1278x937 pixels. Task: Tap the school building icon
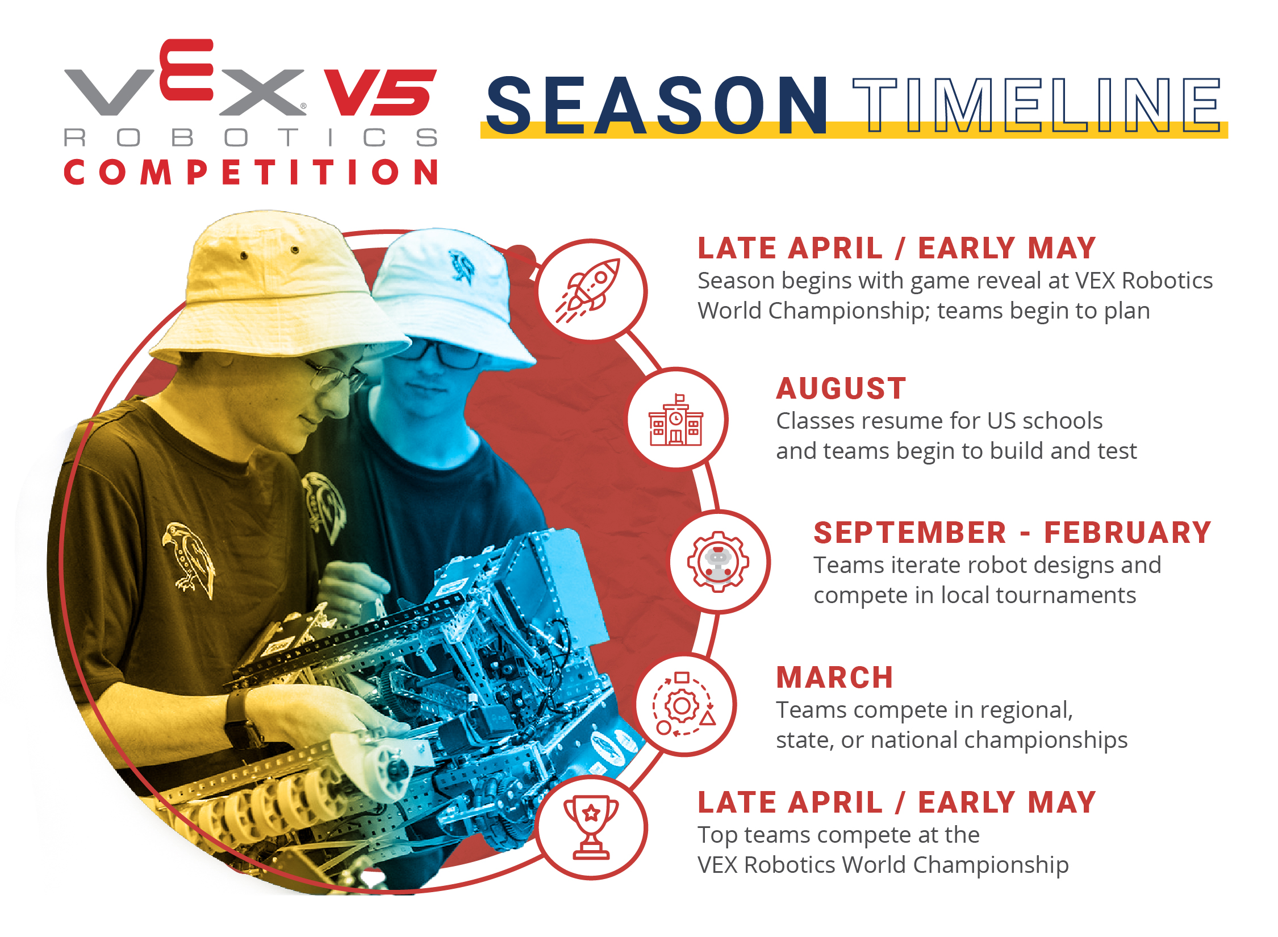point(676,420)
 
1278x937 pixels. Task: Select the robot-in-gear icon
point(719,562)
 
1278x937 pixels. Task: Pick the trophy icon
point(591,827)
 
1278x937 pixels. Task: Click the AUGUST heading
point(841,389)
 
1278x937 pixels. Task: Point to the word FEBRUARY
point(1127,533)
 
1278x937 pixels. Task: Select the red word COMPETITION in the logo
point(250,172)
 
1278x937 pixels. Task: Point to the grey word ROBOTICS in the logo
point(250,137)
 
